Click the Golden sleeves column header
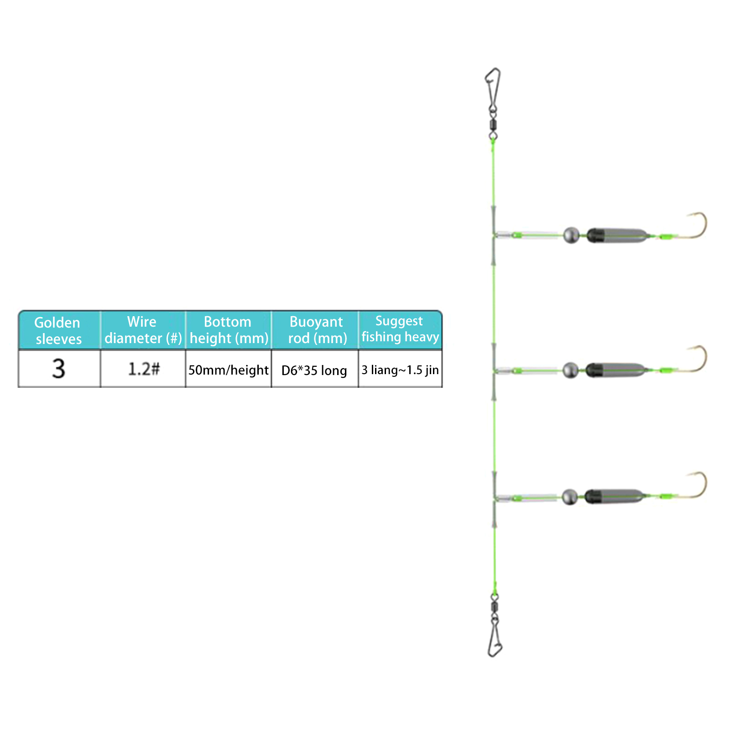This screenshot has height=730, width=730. (58, 331)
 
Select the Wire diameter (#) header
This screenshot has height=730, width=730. (143, 330)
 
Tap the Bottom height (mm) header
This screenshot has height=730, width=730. (229, 330)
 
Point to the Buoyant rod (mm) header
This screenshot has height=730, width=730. (317, 330)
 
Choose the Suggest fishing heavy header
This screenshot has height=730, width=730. (400, 329)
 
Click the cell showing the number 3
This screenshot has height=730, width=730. (59, 369)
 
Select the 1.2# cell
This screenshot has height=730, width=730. (144, 369)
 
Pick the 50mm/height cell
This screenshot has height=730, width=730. (229, 370)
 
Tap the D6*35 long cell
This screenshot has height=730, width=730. (314, 370)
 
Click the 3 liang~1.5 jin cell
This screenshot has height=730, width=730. (400, 370)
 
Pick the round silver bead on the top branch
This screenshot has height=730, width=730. (571, 235)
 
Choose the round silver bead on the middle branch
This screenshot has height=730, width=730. (570, 370)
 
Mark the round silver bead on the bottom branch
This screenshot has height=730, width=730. (569, 497)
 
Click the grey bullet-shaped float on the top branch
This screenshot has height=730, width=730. (616, 235)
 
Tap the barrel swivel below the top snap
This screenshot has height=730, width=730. (493, 124)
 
